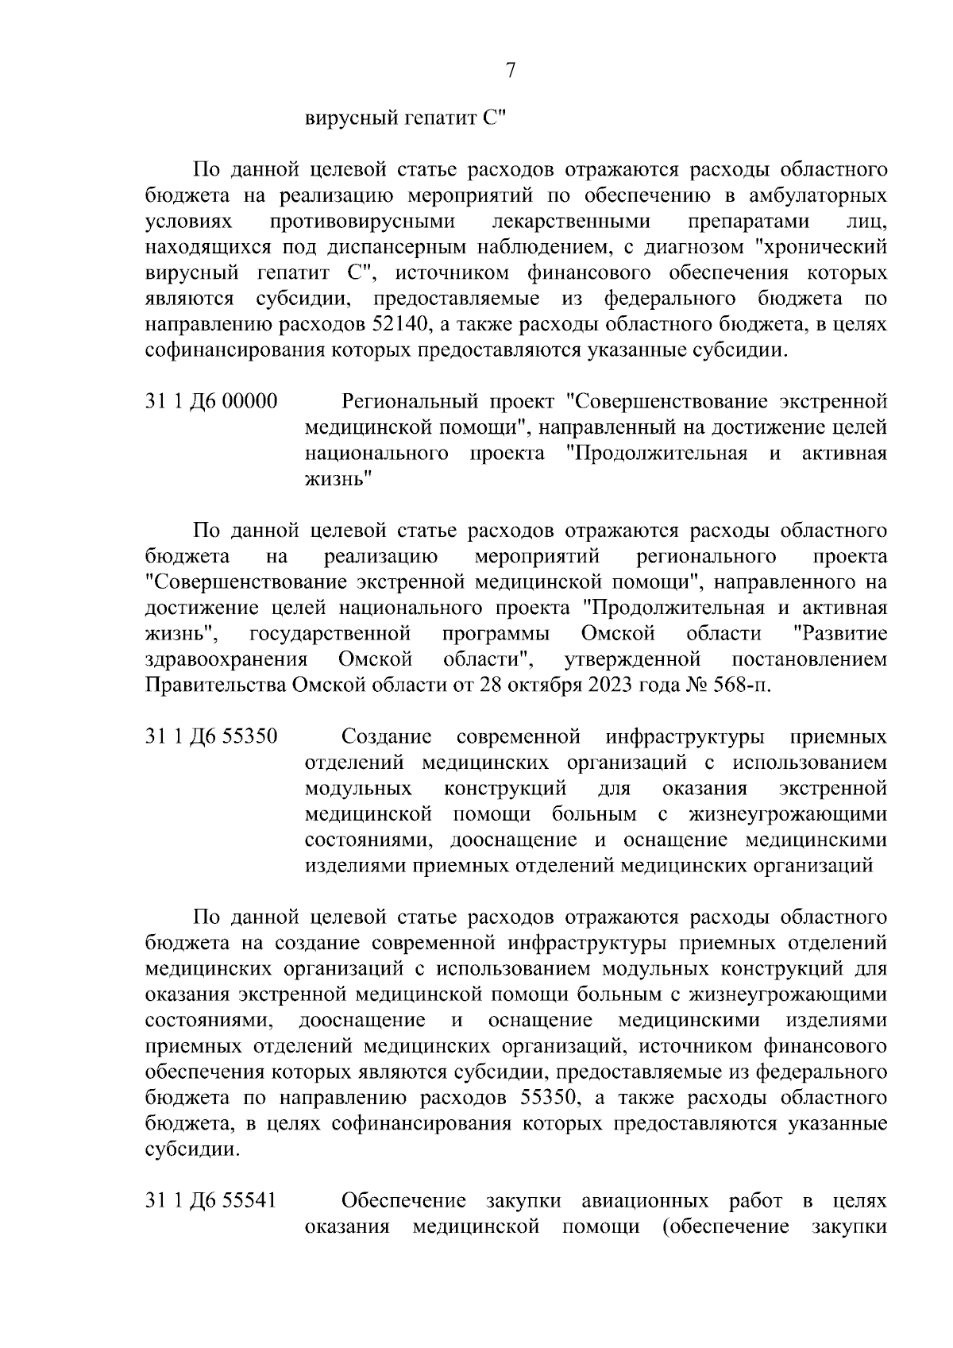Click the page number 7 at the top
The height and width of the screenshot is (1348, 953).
tap(511, 71)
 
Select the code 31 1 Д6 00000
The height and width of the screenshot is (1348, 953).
tap(211, 402)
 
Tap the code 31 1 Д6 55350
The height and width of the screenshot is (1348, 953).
tap(211, 736)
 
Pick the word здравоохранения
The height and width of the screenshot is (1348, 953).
tap(227, 659)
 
